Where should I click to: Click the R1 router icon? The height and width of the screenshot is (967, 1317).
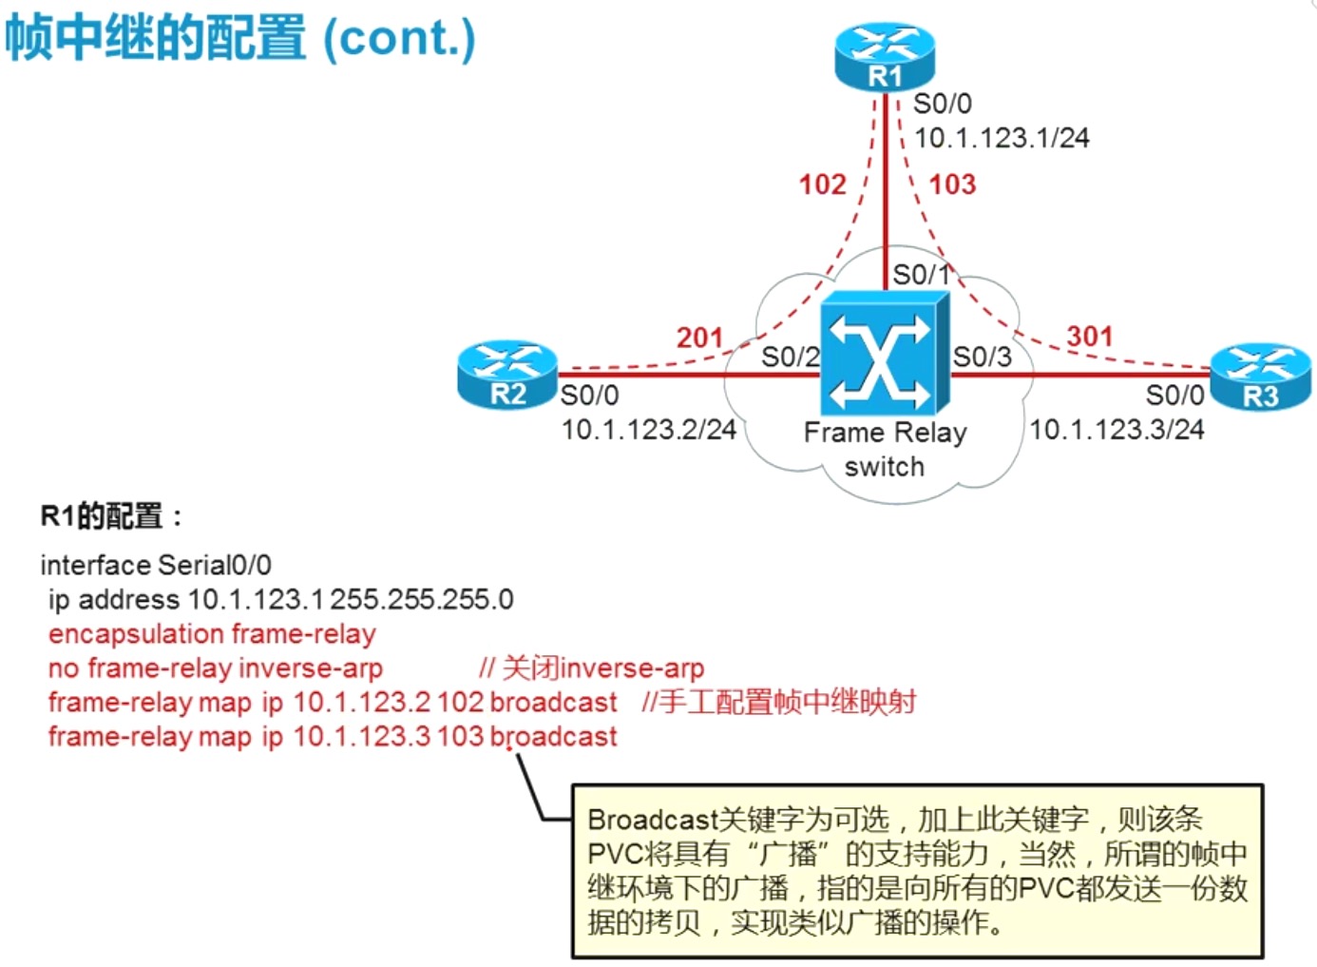pos(885,57)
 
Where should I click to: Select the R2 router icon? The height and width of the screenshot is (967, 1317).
pos(507,375)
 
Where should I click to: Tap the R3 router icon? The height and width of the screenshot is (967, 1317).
pos(1261,377)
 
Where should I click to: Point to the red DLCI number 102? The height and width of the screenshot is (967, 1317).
pos(822,184)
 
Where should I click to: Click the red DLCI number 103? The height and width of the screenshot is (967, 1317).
pos(952,184)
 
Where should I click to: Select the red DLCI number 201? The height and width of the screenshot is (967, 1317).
pos(699,338)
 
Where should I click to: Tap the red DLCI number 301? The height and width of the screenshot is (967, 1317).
pos(1089,336)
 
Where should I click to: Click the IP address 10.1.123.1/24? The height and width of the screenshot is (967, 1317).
pos(1002,138)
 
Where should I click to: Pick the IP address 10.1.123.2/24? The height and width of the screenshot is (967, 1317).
pos(649,430)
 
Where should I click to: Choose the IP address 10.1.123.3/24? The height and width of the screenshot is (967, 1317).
pos(1117,430)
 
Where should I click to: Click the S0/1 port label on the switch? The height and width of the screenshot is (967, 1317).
pos(921,275)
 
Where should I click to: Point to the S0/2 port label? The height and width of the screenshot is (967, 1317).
pos(790,357)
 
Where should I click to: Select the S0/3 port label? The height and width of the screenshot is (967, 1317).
pos(982,357)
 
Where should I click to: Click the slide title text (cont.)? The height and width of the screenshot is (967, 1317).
pos(399,38)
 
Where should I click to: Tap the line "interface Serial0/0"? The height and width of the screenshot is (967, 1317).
pos(156,565)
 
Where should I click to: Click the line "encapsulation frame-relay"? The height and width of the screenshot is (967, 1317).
pos(212,633)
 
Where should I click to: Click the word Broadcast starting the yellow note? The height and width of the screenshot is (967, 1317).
pos(652,820)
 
